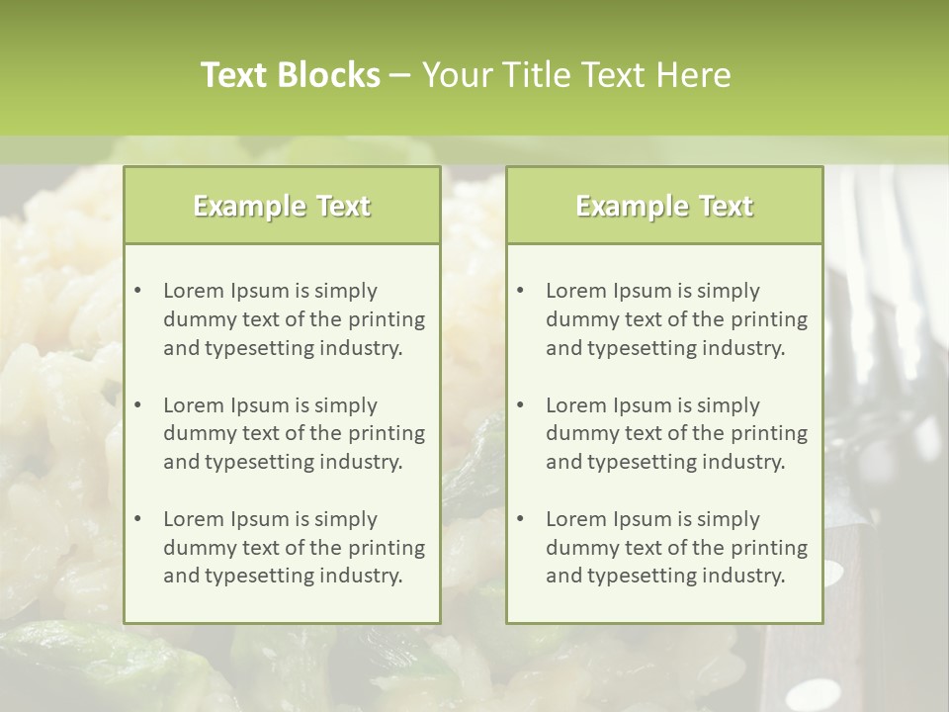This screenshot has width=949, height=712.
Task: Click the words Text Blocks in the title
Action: [290, 75]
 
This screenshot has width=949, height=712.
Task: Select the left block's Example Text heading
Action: [282, 206]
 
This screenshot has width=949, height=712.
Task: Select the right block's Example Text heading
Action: [664, 206]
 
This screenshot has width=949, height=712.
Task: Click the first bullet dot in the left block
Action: [138, 291]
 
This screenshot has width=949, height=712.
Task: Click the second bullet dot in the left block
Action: [138, 405]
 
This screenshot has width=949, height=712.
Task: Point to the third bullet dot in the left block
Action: [138, 519]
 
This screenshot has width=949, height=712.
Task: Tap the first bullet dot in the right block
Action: [521, 291]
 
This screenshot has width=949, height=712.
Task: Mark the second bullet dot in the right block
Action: [521, 405]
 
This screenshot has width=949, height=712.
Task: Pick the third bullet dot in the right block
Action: [521, 519]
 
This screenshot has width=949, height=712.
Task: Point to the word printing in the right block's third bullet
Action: [771, 548]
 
